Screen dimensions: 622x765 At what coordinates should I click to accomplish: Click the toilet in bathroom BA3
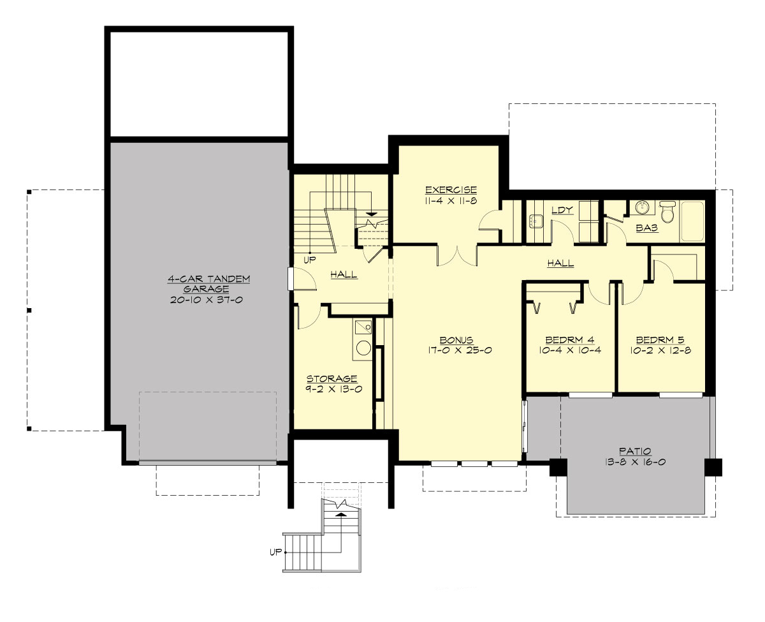[667, 212]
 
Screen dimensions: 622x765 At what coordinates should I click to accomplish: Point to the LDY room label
[562, 209]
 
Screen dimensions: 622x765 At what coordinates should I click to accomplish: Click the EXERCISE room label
[451, 189]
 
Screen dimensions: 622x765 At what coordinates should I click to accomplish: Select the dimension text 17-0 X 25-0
[456, 350]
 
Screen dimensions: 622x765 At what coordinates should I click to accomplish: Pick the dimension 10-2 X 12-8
[660, 350]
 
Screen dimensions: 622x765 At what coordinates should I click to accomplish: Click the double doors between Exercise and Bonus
[457, 255]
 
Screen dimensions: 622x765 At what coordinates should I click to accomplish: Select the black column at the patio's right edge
[713, 467]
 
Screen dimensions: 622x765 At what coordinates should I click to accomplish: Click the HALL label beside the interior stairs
[344, 275]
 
